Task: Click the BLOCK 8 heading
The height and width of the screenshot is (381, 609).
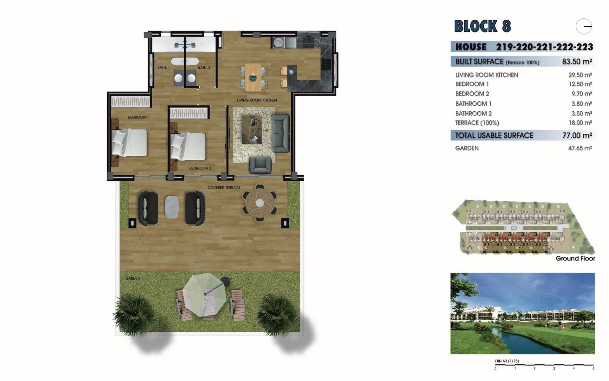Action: (482, 26)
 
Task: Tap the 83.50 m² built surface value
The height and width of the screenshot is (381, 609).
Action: (577, 61)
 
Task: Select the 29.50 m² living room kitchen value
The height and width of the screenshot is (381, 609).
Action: (580, 75)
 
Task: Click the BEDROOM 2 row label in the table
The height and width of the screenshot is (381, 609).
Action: (472, 94)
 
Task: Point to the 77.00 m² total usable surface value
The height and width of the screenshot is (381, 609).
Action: (577, 135)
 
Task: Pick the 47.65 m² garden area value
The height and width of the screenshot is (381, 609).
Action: (580, 148)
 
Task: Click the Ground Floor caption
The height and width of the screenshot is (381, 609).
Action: (575, 258)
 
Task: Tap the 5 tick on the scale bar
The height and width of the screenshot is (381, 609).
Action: (593, 369)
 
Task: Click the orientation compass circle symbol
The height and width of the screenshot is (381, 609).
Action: (584, 26)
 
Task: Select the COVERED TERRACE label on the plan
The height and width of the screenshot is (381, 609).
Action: (224, 188)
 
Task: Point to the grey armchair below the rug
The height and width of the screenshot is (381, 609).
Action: (260, 165)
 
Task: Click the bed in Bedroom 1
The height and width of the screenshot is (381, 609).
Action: (129, 143)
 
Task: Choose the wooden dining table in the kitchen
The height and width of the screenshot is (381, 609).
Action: (253, 77)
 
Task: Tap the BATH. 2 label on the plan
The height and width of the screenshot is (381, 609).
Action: (204, 67)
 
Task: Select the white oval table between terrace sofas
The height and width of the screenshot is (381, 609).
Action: (172, 206)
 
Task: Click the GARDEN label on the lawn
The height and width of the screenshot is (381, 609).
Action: (133, 278)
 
